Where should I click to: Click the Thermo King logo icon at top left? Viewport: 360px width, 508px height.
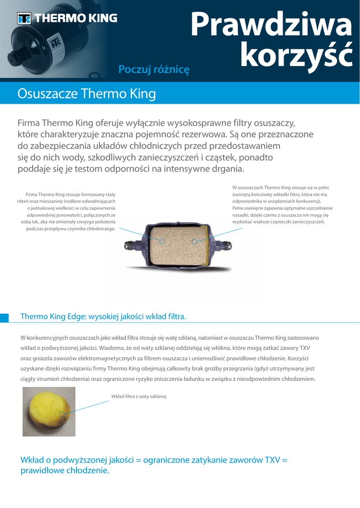tap(24, 18)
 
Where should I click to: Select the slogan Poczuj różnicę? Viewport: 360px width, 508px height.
tap(154, 69)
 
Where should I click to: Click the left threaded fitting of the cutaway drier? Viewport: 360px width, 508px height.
tap(133, 244)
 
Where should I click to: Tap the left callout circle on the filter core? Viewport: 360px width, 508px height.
tap(161, 241)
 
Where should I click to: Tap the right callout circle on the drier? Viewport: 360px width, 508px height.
tap(195, 242)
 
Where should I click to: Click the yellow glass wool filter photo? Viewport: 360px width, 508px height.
tap(49, 411)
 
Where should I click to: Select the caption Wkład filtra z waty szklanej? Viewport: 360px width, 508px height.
tap(139, 396)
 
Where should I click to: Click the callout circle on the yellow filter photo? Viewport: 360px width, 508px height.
tap(62, 414)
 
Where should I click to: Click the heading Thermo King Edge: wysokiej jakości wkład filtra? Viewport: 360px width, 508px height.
tap(103, 317)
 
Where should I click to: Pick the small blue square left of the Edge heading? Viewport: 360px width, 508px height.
tap(4, 317)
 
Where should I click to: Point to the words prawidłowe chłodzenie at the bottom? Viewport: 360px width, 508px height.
tap(65, 470)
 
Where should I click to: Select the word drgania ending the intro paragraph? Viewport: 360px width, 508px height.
tap(227, 169)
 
